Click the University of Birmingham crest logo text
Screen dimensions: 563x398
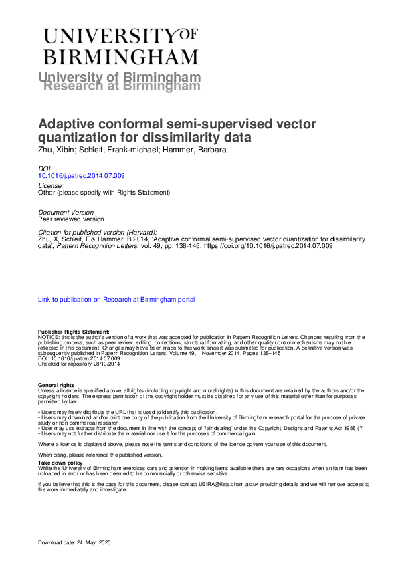[121, 45]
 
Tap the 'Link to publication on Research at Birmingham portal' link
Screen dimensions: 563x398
[117, 300]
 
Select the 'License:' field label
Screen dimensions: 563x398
[51, 185]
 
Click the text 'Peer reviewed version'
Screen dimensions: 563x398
[71, 219]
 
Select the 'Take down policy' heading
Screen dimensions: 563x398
[60, 462]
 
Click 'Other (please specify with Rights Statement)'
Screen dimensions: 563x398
[104, 193]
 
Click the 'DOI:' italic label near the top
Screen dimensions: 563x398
[45, 168]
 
